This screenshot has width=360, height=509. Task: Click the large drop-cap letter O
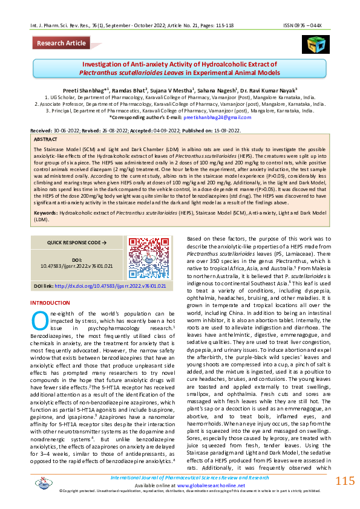(x=38, y=319)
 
